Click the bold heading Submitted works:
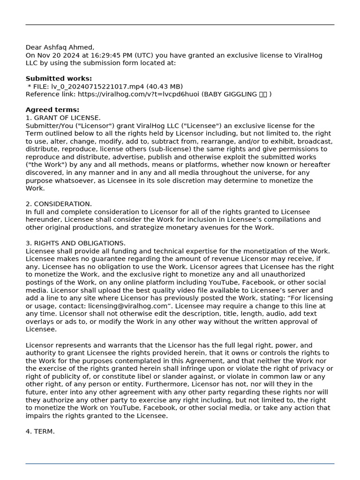coord(59,79)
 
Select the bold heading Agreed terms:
coord(52,110)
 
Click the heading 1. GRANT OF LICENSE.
coord(63,118)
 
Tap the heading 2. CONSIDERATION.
coord(59,204)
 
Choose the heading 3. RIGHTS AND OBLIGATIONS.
coord(75,243)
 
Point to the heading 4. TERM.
coord(40,431)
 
